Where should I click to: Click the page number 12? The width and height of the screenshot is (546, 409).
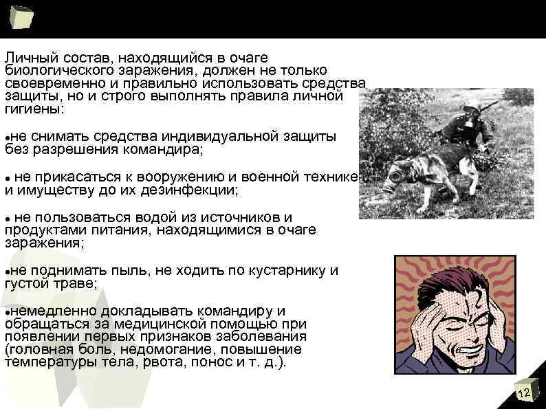[x=524, y=393]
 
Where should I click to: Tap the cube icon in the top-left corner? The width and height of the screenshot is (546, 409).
[x=21, y=16]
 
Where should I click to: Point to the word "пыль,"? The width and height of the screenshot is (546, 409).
[x=131, y=269]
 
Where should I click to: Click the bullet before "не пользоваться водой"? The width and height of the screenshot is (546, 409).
[x=8, y=218]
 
